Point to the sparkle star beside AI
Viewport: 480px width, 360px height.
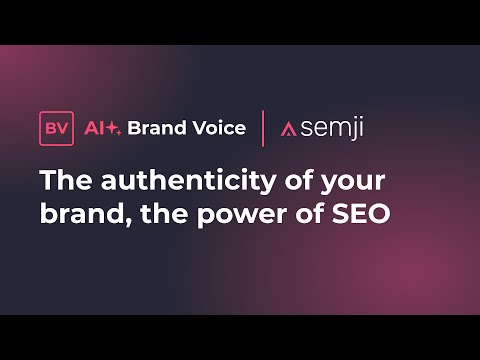pos(114,129)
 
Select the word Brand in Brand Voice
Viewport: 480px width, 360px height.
pos(155,129)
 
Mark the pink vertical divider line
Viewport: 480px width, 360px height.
pos(263,129)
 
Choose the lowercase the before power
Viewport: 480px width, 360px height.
pos(155,214)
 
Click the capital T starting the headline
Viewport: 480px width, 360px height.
pos(48,182)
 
